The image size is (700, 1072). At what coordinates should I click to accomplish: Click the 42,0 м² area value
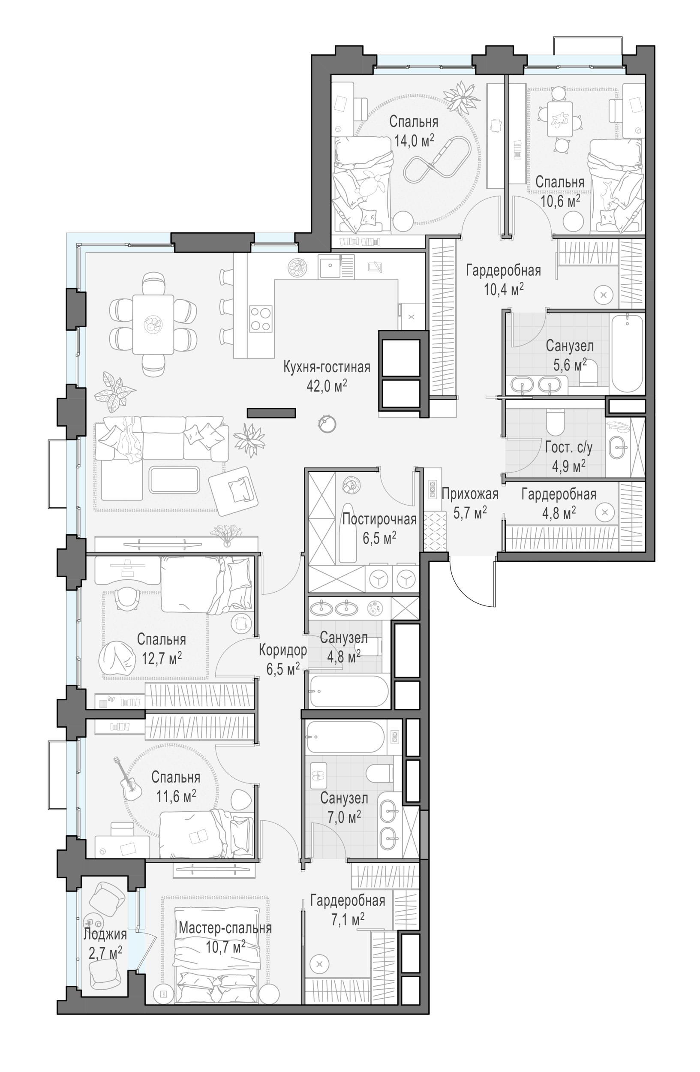click(x=326, y=386)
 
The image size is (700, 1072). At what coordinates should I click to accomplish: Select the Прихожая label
click(x=469, y=494)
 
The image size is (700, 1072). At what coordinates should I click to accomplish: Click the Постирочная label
click(x=379, y=519)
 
